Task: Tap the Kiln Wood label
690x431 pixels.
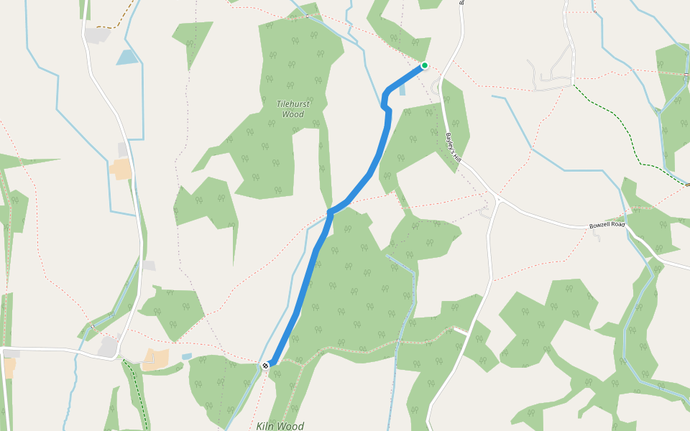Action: tap(280, 426)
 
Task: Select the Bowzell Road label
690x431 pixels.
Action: tap(607, 225)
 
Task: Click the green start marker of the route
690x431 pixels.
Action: tap(425, 65)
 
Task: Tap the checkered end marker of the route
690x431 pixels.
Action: tap(266, 366)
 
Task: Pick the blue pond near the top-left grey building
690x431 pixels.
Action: tap(126, 57)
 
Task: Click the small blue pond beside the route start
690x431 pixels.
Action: tap(401, 90)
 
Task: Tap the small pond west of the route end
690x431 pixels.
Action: tap(187, 356)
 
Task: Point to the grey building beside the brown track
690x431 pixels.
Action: tap(97, 34)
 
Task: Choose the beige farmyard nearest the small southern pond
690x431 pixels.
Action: tap(155, 359)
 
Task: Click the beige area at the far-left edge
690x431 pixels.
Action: tap(9, 367)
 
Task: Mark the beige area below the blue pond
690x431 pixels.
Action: tap(121, 169)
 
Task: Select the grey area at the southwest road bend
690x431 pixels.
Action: tap(108, 347)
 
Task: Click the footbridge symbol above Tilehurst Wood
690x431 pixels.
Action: tap(307, 16)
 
